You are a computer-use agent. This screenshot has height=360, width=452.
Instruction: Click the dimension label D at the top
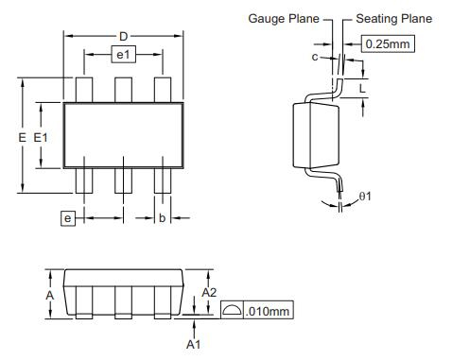pos(123,37)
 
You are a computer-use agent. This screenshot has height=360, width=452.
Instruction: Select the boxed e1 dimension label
pos(124,55)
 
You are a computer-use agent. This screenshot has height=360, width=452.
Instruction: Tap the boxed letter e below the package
pos(68,218)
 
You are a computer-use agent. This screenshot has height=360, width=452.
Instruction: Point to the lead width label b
pos(162,217)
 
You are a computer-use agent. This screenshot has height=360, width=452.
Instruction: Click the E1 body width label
pos(41,138)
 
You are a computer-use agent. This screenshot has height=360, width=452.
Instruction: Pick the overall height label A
pos(50,296)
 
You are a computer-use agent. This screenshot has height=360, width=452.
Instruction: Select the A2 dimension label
pos(209,293)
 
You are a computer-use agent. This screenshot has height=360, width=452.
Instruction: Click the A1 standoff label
pos(193,344)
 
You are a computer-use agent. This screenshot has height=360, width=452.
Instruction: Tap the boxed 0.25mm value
pos(388,43)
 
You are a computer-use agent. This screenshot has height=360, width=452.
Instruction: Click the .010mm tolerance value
pos(267,312)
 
